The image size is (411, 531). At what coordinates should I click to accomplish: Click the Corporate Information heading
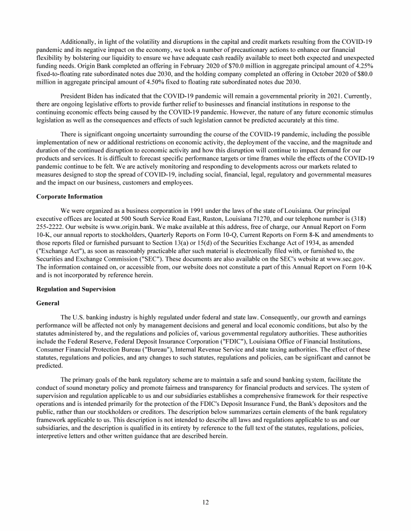pyautogui.click(x=69, y=196)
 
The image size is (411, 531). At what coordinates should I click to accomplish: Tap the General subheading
pyautogui.click(x=48, y=303)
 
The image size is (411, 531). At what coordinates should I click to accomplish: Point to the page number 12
pyautogui.click(x=205, y=502)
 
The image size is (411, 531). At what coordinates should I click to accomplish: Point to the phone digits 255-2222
pyautogui.click(x=51, y=227)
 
